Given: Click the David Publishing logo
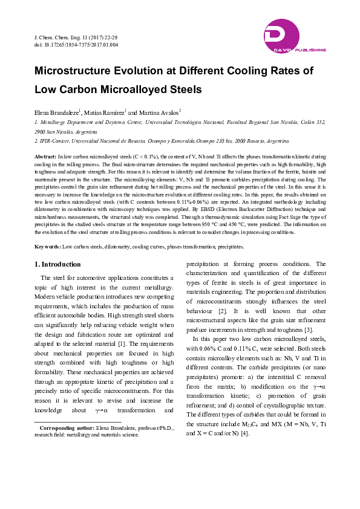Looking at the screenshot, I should coord(294,36).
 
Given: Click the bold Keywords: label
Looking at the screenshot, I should coord(48,247).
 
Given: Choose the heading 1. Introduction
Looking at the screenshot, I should coord(57,264).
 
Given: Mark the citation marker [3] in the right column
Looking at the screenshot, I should coord(308,329).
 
